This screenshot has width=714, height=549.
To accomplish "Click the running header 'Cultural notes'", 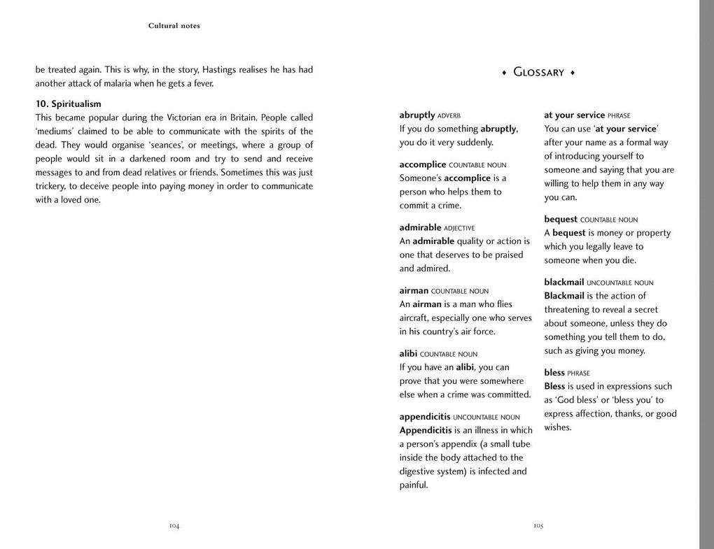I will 174,26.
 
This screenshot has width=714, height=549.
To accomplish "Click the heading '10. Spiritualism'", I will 68,104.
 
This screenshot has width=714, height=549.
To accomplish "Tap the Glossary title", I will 538,72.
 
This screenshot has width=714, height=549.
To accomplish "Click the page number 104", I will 174,525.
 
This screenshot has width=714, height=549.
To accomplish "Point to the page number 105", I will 538,525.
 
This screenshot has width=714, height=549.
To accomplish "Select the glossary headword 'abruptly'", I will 417,115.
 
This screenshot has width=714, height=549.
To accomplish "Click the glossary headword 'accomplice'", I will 423,164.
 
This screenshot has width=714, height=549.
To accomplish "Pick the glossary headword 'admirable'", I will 420,227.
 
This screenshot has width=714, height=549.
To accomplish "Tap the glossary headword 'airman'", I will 414,290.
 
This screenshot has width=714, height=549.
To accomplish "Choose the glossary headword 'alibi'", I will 408,353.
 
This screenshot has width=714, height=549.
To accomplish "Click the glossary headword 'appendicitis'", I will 425,416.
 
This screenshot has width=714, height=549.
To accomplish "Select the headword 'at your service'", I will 574,115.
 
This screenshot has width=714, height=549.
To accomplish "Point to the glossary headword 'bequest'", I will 561,219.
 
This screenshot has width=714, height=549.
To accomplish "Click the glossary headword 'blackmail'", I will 563,282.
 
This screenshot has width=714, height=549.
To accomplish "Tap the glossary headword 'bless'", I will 554,372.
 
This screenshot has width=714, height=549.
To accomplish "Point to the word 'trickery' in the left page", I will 52,186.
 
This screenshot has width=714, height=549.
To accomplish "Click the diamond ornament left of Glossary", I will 504,72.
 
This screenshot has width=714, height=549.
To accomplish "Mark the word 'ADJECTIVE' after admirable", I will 459,228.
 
